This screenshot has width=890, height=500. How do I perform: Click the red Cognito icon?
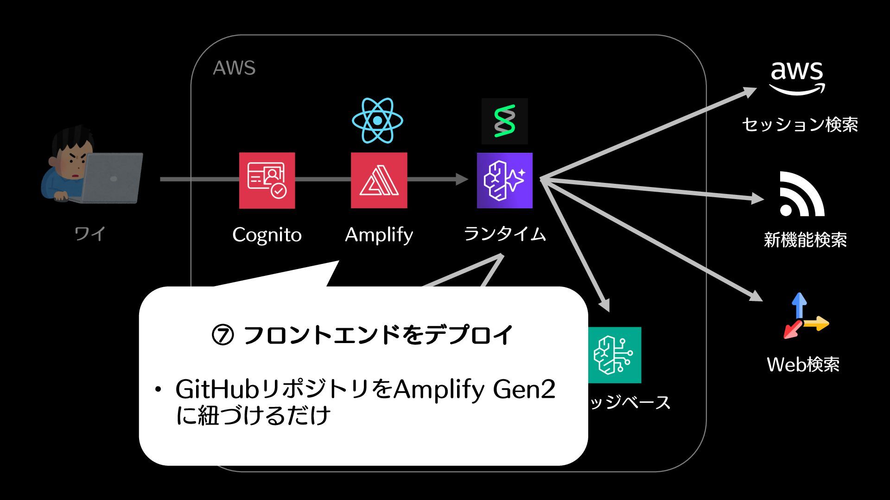click(x=267, y=180)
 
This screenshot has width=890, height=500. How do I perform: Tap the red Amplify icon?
click(x=379, y=180)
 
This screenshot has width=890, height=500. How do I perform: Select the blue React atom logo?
click(x=377, y=120)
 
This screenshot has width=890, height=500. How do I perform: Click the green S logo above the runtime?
click(x=504, y=121)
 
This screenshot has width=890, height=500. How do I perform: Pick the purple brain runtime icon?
click(x=504, y=180)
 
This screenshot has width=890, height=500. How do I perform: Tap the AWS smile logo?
click(x=797, y=79)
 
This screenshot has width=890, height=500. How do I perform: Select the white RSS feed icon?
click(x=801, y=194)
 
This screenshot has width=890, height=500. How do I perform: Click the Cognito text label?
click(x=267, y=235)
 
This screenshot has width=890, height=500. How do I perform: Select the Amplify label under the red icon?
click(x=379, y=235)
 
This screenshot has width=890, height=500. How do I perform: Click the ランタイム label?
click(x=505, y=234)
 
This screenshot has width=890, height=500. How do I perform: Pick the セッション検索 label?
click(x=800, y=125)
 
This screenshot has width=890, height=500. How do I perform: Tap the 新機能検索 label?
click(x=805, y=240)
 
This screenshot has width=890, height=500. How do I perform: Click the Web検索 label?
click(x=803, y=364)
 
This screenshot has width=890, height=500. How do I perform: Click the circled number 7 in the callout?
click(x=223, y=335)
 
